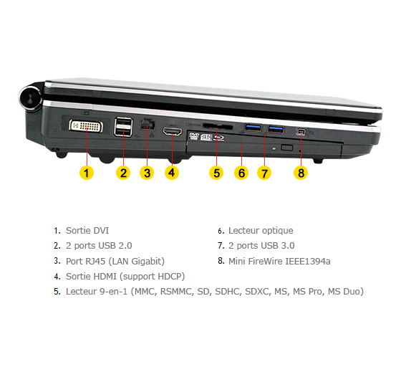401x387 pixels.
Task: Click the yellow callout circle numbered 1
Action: coord(87,173)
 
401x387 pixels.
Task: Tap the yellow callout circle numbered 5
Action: coord(216,173)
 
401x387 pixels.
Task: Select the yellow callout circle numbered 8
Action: coord(301,173)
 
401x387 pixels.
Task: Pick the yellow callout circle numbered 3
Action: coord(147,173)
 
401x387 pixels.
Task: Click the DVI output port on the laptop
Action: coord(86,126)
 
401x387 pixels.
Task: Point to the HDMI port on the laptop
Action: coord(173,131)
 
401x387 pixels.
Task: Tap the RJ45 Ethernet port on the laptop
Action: coord(147,124)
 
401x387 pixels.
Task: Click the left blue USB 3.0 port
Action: coord(253,128)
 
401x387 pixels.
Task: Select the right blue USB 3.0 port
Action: coord(276,129)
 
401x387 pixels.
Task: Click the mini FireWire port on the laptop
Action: coord(301,132)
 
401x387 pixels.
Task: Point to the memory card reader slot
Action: coord(218,126)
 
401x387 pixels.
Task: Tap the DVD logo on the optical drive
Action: coord(194,136)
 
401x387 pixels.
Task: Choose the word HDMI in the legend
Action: coord(105,277)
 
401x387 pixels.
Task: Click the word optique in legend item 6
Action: coord(277,231)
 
